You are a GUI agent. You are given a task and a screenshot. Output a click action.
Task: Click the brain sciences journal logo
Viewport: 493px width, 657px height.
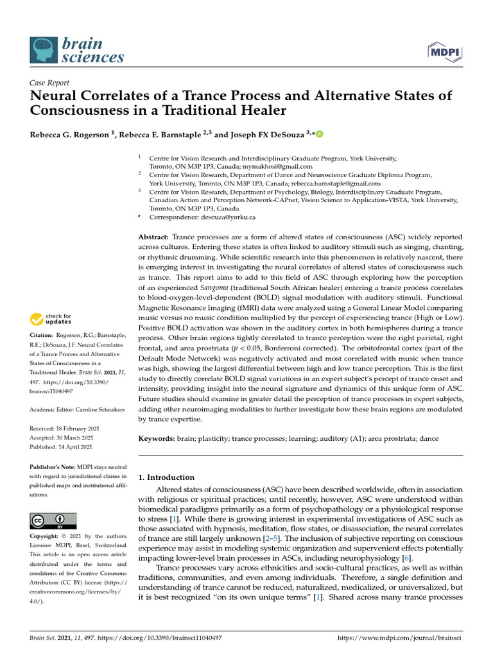pyautogui.click(x=77, y=50)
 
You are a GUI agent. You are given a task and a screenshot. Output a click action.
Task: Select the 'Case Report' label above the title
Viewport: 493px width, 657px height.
pyautogui.click(x=49, y=83)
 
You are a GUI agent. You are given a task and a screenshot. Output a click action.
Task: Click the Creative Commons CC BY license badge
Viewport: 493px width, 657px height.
pyautogui.click(x=53, y=520)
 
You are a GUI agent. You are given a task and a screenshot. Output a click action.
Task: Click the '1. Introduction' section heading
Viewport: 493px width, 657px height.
pyautogui.click(x=166, y=477)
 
